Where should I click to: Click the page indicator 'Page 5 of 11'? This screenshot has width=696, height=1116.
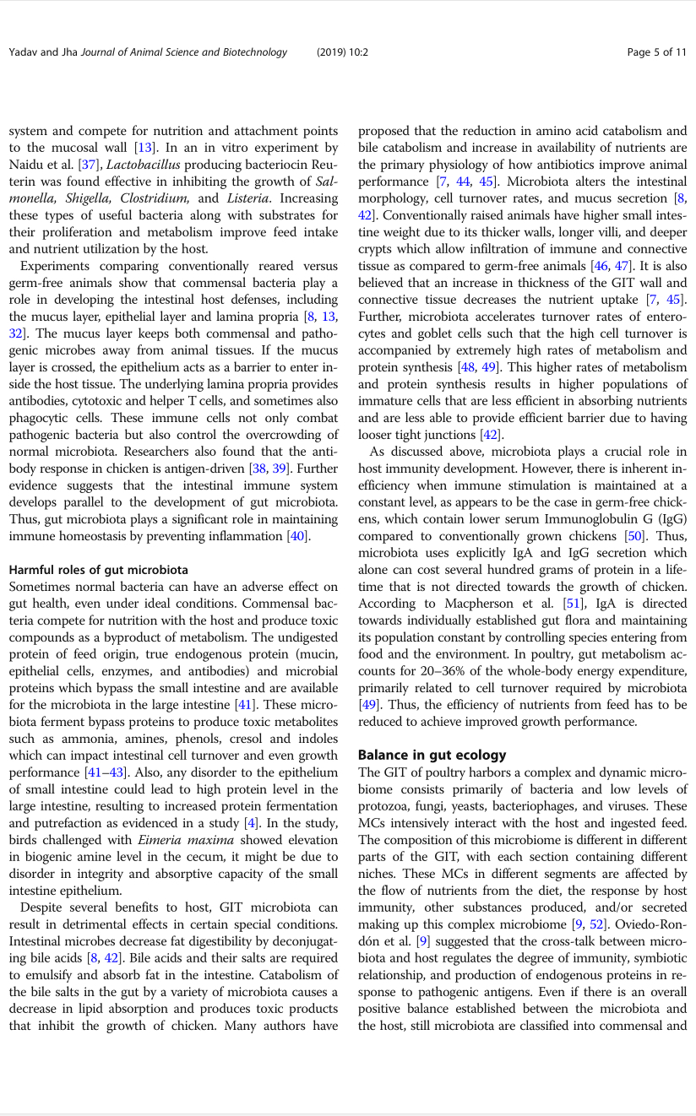(656, 52)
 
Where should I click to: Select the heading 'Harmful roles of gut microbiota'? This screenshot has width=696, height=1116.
(99, 570)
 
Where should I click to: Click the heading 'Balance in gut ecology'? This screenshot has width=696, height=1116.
(432, 755)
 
